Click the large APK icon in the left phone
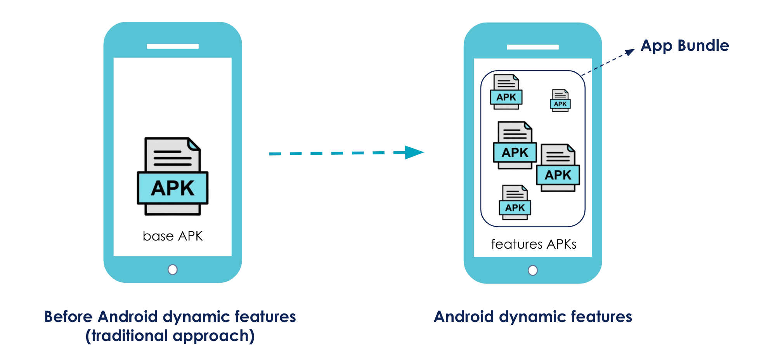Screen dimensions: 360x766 (x=173, y=177)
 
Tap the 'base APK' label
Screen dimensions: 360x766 (x=173, y=236)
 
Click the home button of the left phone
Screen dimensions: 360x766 (x=173, y=269)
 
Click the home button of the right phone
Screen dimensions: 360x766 (x=533, y=270)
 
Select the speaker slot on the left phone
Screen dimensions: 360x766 (x=173, y=46)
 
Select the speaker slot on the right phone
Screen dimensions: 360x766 (x=533, y=47)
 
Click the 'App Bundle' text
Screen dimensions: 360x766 (x=685, y=45)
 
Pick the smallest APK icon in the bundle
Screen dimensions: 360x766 (x=560, y=100)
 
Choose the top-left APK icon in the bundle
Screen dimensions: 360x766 (x=506, y=92)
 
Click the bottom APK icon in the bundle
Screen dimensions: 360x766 (x=515, y=202)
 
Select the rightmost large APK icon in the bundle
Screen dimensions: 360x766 (x=558, y=168)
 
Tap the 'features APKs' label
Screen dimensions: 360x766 (x=533, y=244)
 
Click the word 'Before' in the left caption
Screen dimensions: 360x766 (x=68, y=317)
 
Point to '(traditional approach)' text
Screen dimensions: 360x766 (x=170, y=336)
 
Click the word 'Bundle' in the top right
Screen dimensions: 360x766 (x=703, y=45)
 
